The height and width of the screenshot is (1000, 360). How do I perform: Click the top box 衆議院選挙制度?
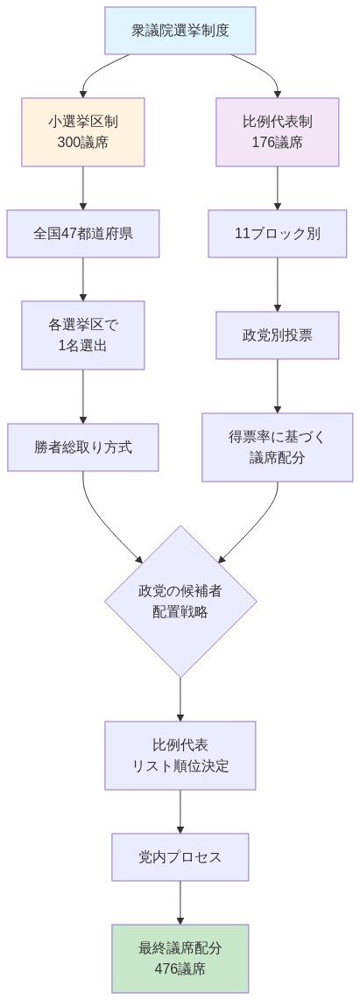coord(180,30)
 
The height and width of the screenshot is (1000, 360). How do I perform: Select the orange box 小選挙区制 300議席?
coord(83,131)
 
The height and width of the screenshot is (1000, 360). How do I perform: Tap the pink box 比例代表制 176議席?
coord(278,131)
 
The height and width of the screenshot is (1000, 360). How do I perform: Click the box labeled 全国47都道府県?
coord(83,234)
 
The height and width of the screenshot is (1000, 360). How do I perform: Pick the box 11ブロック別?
coord(278,234)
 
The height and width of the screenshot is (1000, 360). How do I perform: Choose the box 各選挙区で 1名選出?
coord(83,335)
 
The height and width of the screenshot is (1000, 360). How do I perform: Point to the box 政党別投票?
coord(278,335)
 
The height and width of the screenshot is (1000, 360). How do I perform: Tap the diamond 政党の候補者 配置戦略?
coord(180,601)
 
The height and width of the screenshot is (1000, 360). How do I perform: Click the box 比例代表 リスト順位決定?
coord(180,755)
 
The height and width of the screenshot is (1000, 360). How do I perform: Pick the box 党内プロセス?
coord(180,856)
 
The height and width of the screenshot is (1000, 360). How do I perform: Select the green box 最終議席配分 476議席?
coord(180,958)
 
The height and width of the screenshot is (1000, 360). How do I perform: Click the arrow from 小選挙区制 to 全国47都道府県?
coord(83,187)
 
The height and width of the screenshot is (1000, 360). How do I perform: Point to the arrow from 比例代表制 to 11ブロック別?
coord(278,187)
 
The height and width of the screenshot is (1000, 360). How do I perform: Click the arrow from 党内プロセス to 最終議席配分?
coord(180,902)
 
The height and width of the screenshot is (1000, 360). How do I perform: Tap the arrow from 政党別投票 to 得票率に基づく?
coord(278,385)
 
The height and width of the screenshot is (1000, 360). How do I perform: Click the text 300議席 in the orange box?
coord(83,142)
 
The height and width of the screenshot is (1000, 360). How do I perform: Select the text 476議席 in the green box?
coord(180,968)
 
